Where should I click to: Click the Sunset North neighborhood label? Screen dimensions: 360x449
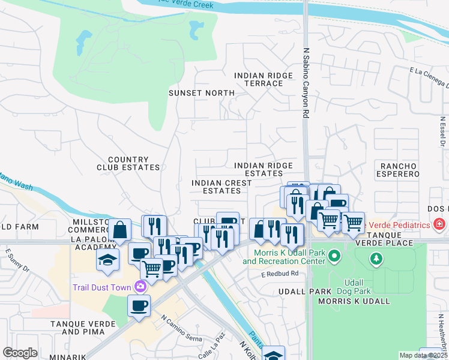201,93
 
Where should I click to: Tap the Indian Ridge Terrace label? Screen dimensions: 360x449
264,79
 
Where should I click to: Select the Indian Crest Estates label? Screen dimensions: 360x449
216,187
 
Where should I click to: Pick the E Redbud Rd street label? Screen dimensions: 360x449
279,275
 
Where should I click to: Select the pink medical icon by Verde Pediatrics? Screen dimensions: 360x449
439,225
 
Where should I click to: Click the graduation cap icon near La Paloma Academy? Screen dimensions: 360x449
107,259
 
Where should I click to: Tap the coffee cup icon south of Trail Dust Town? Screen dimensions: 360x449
139,305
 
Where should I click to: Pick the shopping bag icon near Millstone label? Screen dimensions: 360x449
120,229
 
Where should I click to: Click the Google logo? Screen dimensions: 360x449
20,353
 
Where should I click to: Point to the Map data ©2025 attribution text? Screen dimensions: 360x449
423,355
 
